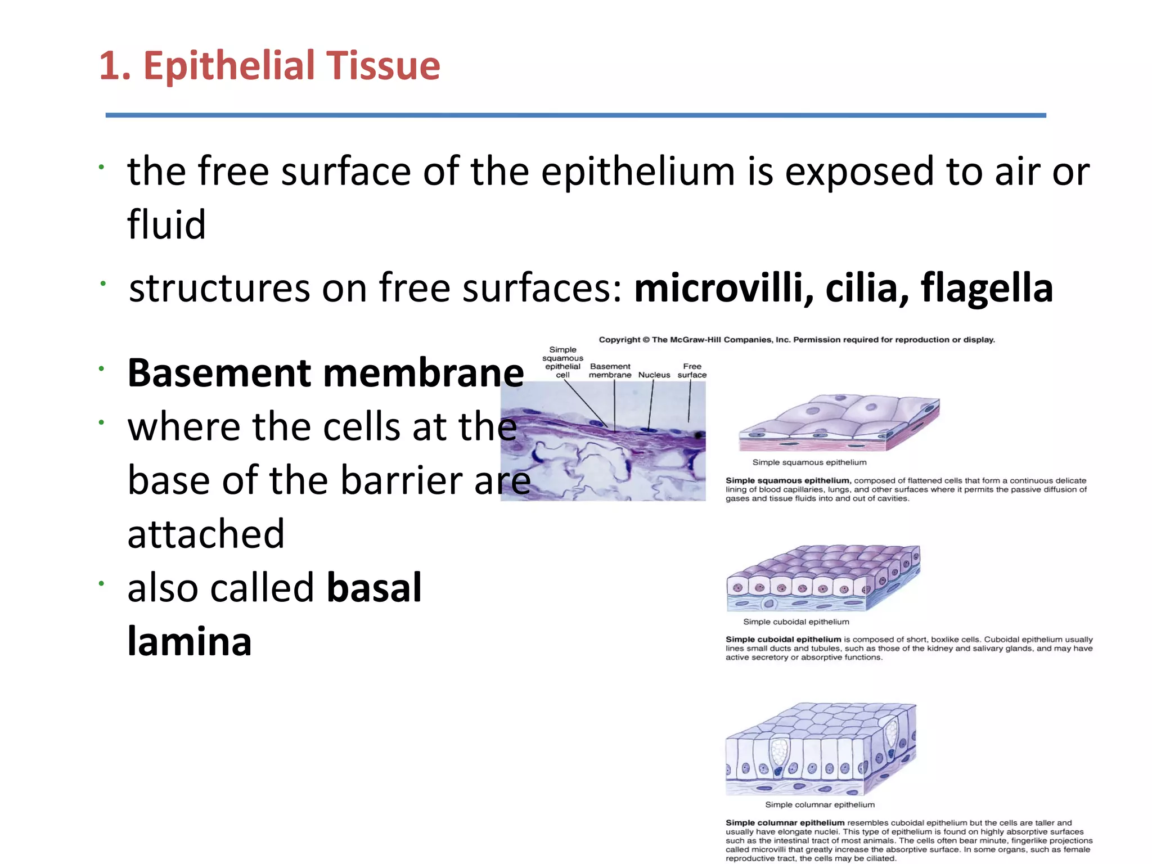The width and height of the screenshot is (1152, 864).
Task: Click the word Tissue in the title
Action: coord(382,66)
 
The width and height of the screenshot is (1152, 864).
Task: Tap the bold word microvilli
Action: coord(723,287)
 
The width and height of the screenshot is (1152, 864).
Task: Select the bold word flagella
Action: coord(987,287)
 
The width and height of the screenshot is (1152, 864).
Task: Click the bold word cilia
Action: coord(866,287)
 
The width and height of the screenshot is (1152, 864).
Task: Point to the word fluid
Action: coord(166,224)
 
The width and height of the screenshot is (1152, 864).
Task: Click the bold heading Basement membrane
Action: coord(326,373)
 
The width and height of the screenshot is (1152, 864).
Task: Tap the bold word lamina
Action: coord(189,641)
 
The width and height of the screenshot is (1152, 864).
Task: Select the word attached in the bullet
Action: coord(206,534)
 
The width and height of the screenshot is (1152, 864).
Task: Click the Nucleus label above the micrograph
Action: coord(654,375)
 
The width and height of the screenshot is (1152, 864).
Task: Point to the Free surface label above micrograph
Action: coord(692,370)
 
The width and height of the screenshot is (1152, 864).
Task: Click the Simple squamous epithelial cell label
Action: coord(562,362)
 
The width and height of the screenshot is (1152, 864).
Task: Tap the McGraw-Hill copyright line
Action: coord(796,340)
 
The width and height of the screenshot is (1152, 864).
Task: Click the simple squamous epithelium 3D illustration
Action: coord(838,423)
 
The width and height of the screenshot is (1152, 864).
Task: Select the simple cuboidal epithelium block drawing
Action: coord(823,578)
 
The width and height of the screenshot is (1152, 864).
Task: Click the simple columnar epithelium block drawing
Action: coord(821,748)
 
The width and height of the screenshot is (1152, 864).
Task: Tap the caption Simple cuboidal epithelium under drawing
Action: coord(796,622)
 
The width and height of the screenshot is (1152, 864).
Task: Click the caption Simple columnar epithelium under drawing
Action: coord(820,804)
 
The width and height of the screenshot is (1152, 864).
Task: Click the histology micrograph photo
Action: coord(603,442)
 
